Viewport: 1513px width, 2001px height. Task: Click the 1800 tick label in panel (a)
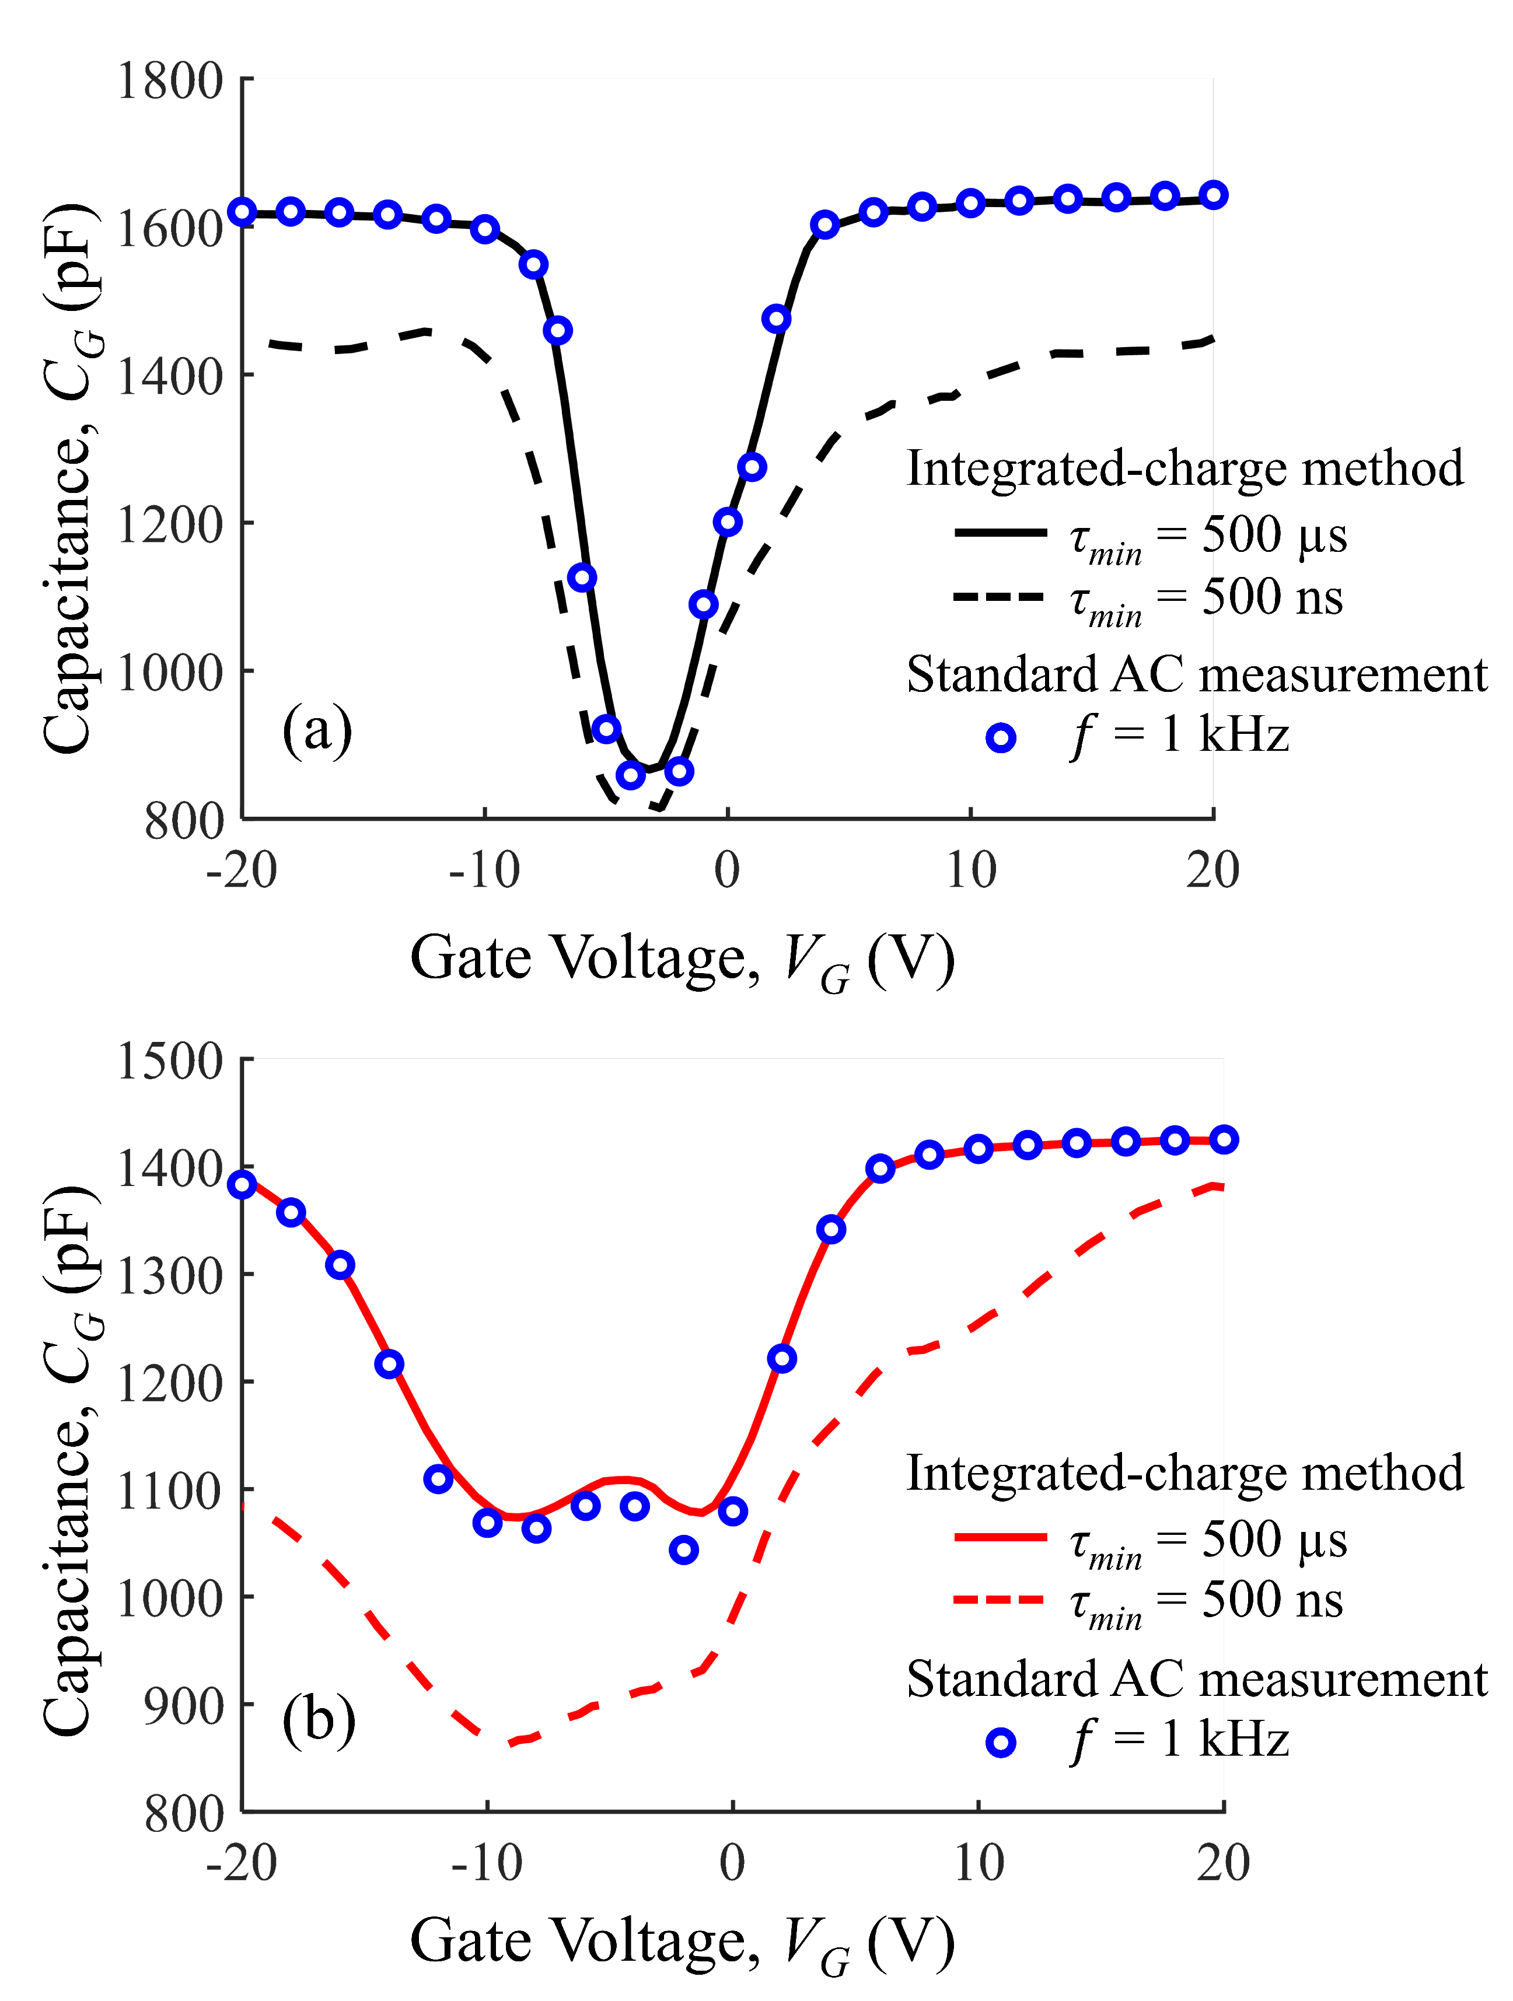click(x=169, y=82)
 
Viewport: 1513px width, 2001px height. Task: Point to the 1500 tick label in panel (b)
click(x=169, y=1060)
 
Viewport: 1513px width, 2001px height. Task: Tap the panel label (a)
click(x=317, y=730)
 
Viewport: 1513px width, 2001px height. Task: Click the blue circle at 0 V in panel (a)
click(x=728, y=522)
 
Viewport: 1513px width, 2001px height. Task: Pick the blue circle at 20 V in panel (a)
click(x=1213, y=194)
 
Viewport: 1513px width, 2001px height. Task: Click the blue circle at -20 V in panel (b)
click(x=242, y=1184)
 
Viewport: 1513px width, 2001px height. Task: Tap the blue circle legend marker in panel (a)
click(x=1001, y=738)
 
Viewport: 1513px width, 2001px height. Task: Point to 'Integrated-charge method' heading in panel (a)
click(x=1183, y=468)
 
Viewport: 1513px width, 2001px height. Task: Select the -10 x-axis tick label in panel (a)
click(x=484, y=870)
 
